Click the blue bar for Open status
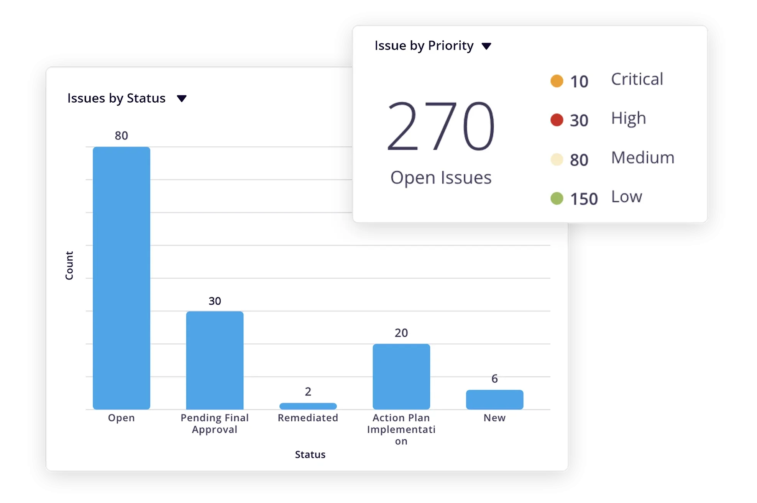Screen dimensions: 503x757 coord(121,278)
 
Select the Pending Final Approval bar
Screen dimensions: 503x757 coord(215,360)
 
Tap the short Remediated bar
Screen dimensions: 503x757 coord(308,406)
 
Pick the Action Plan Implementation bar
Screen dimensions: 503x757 coord(401,377)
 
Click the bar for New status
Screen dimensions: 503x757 coord(494,400)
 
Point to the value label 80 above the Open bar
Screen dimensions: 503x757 coord(121,136)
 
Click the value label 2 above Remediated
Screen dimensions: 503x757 coord(308,392)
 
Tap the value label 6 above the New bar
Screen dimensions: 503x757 coord(494,379)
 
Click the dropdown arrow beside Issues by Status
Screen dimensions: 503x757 coord(182,99)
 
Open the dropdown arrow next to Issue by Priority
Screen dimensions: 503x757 coord(486,46)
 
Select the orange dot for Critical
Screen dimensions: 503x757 coord(557,81)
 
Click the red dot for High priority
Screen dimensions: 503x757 coord(557,120)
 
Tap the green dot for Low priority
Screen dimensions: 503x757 coord(557,198)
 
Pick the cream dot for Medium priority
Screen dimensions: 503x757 coord(557,159)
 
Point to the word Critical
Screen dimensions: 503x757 coord(637,79)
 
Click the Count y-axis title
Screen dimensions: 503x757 coord(69,265)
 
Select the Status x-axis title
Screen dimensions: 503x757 coord(310,455)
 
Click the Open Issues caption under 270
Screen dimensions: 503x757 coord(441,178)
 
